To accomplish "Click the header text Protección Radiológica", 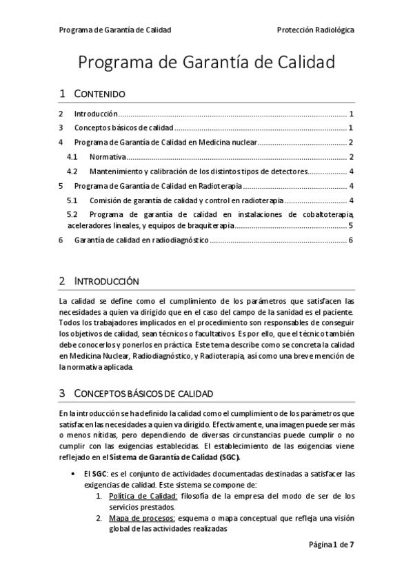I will click(x=315, y=30).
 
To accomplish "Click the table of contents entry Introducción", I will click(x=96, y=114).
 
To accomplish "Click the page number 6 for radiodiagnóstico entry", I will click(x=351, y=240).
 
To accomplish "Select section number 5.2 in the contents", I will click(x=72, y=214).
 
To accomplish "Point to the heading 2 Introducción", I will click(x=99, y=281).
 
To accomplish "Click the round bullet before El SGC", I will click(x=74, y=474).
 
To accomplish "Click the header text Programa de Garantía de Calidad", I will click(x=115, y=30).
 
